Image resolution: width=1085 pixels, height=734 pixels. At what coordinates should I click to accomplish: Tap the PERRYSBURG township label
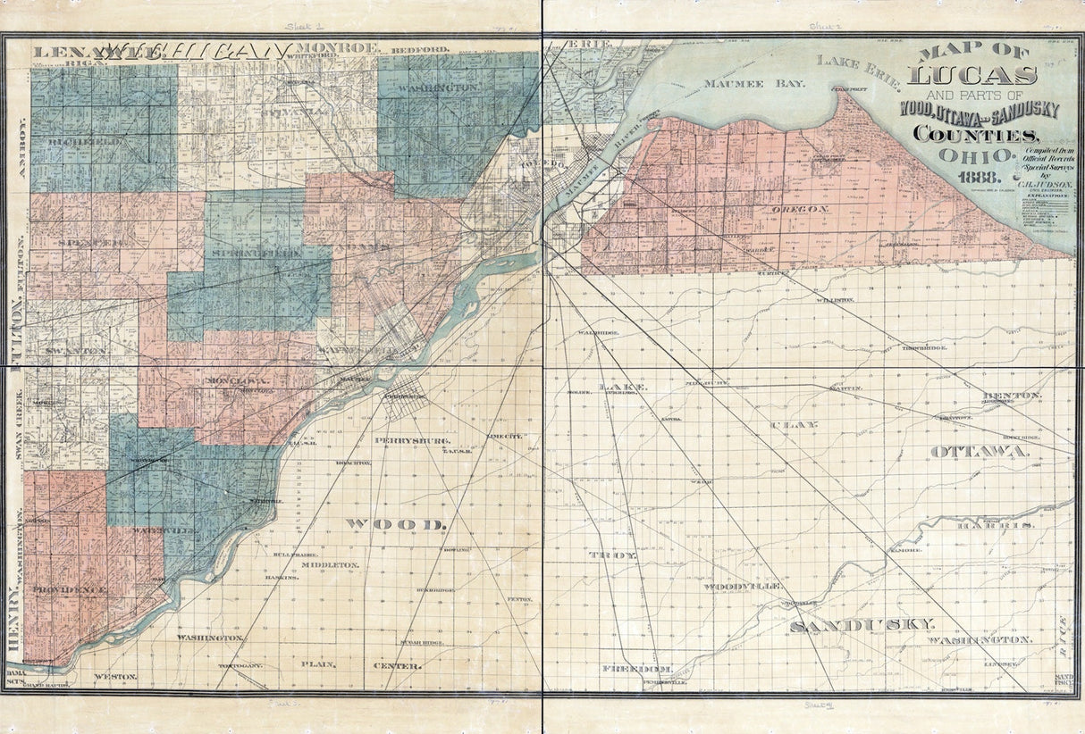click(412, 441)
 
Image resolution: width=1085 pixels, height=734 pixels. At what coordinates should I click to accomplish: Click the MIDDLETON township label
click(330, 565)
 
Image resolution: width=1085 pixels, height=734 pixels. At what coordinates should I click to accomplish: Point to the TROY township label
click(613, 555)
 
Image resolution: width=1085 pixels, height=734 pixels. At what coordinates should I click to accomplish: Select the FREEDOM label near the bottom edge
click(636, 668)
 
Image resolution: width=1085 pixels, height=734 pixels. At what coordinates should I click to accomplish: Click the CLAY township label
click(794, 424)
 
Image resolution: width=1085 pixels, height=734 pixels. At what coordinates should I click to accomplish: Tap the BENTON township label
click(1011, 395)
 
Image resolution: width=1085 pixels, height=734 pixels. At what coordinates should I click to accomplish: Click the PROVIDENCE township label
click(71, 590)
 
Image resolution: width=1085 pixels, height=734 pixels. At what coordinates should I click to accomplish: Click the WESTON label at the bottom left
click(115, 677)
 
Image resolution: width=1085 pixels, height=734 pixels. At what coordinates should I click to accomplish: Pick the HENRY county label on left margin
click(14, 622)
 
